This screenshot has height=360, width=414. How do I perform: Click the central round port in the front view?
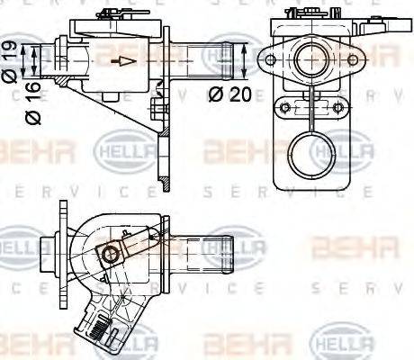pos(313,59)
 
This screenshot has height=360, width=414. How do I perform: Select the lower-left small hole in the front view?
pos(285,108)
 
